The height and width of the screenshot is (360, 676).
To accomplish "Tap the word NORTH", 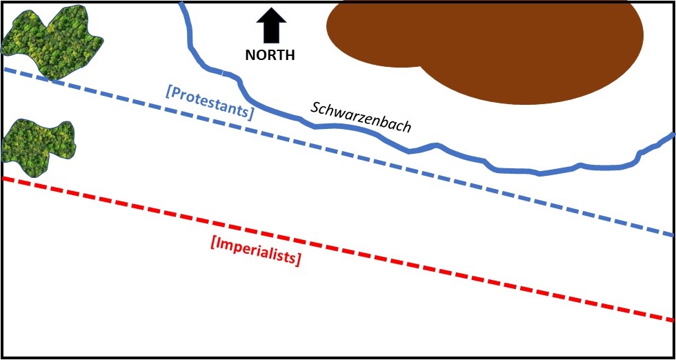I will (270, 56).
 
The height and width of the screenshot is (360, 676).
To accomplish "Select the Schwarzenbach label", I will (361, 117).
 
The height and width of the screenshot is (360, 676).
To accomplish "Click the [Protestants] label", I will (210, 101).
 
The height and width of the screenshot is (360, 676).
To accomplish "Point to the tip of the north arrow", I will (271, 9).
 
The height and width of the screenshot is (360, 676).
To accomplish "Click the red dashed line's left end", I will (6, 179).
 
